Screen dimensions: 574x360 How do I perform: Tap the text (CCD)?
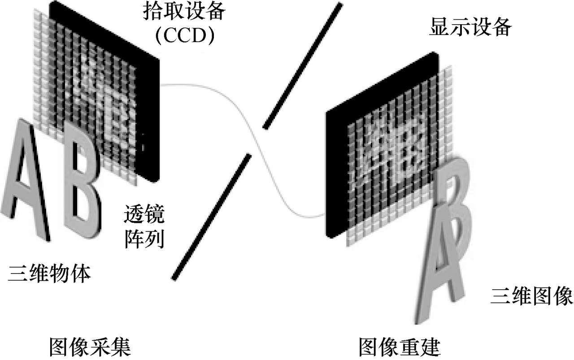tap(184, 36)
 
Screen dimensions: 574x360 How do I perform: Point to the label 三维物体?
tap(49, 273)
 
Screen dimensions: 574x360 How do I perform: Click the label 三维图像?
tap(531, 296)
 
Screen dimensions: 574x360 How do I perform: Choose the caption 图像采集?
tap(89, 347)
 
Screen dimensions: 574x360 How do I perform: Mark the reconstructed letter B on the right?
tap(453, 197)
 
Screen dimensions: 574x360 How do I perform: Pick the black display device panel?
tap(336, 179)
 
